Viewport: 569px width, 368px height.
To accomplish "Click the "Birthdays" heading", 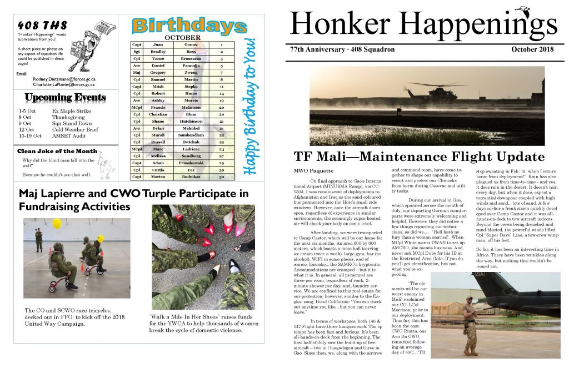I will point(189,26).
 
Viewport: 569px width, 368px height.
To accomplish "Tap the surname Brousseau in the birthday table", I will point(191,58).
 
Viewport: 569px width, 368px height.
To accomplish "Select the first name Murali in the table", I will point(158,135).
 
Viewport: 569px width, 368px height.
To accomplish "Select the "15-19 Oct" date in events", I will point(30,135).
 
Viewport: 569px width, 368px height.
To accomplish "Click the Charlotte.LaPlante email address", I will point(63,85).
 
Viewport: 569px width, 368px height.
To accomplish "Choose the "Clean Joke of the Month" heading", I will point(57,151).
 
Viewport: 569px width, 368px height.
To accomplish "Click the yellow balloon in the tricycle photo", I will point(57,223).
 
